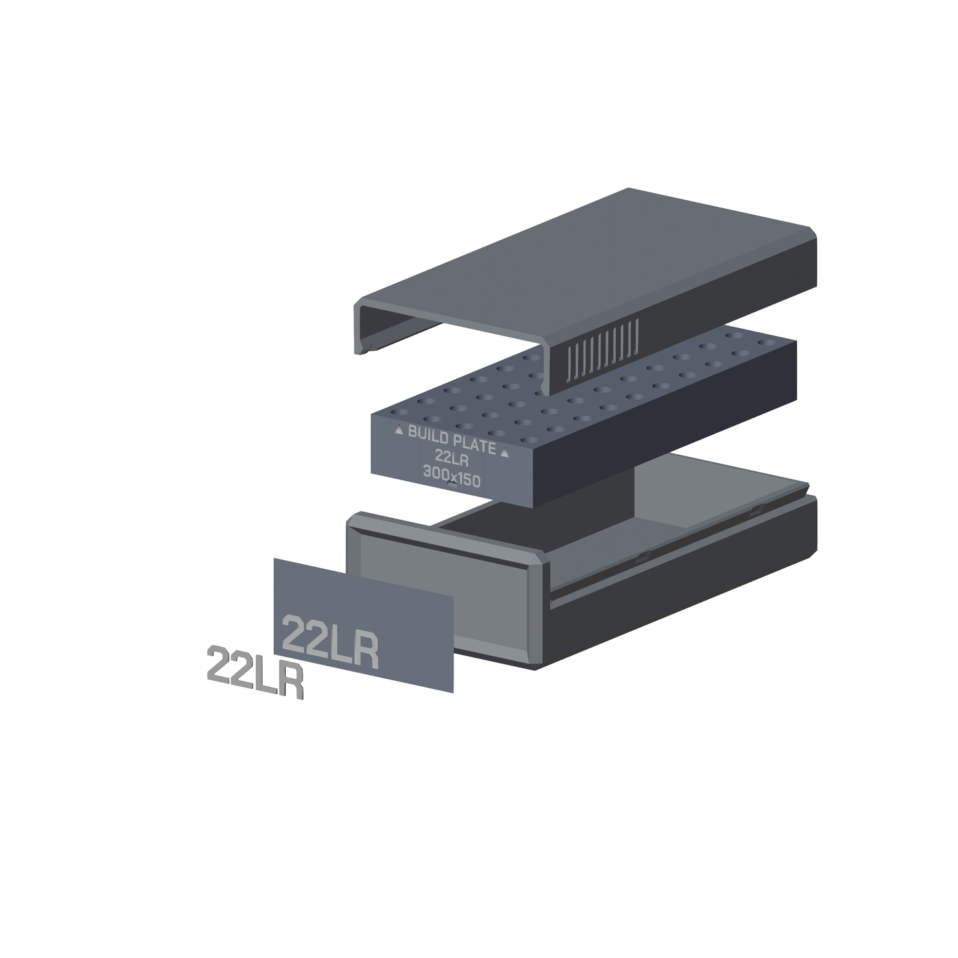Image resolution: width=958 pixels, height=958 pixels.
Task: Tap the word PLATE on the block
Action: (475, 446)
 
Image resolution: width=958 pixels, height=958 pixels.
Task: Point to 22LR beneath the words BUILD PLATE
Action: (451, 457)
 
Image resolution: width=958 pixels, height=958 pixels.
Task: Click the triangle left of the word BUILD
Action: (398, 430)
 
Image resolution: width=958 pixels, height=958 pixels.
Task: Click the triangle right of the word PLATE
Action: (505, 452)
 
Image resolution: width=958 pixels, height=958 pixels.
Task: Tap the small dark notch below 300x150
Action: (452, 483)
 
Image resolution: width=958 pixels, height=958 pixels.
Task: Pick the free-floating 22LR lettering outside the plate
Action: (255, 672)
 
